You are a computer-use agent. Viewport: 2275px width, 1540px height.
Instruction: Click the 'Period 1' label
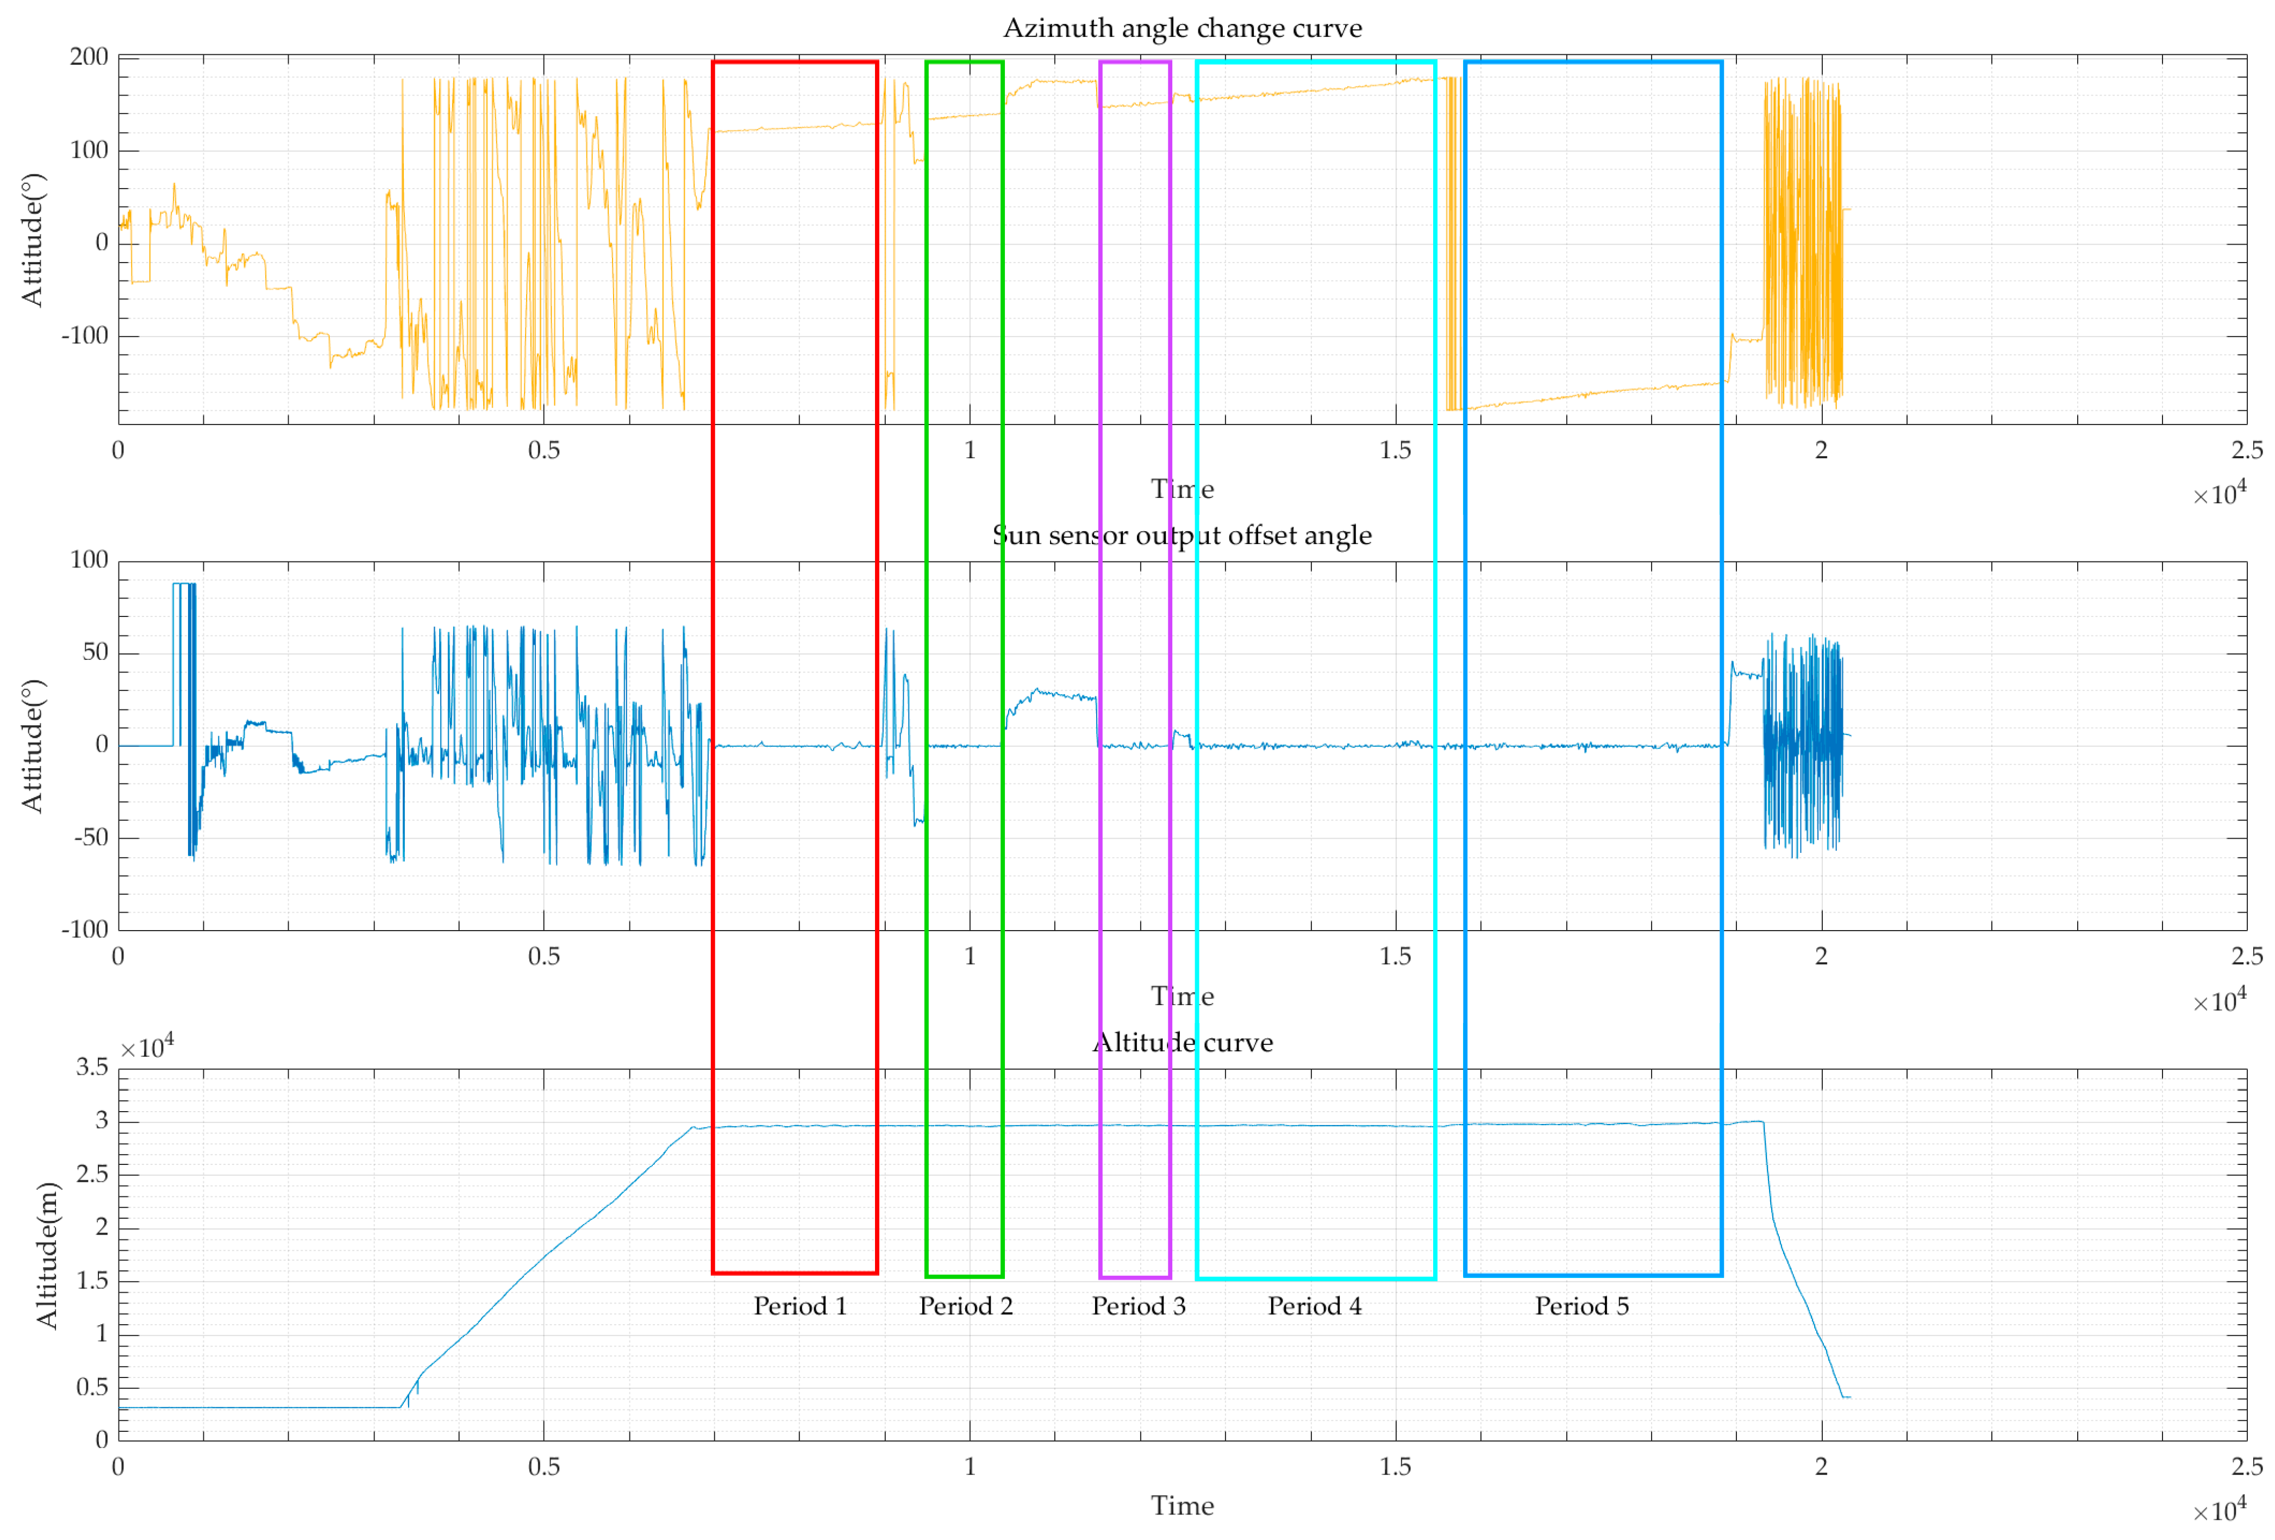pyautogui.click(x=800, y=1306)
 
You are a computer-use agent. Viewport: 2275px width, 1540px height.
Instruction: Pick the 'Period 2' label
pyautogui.click(x=965, y=1306)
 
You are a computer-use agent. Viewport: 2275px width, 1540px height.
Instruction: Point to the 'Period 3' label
pyautogui.click(x=1139, y=1306)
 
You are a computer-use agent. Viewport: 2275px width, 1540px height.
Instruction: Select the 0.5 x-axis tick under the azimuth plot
pyautogui.click(x=544, y=450)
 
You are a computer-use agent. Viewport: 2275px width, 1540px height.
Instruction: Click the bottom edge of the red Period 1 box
pyautogui.click(x=794, y=1273)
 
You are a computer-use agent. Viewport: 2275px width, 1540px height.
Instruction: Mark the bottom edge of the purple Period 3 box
pyautogui.click(x=1135, y=1277)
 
